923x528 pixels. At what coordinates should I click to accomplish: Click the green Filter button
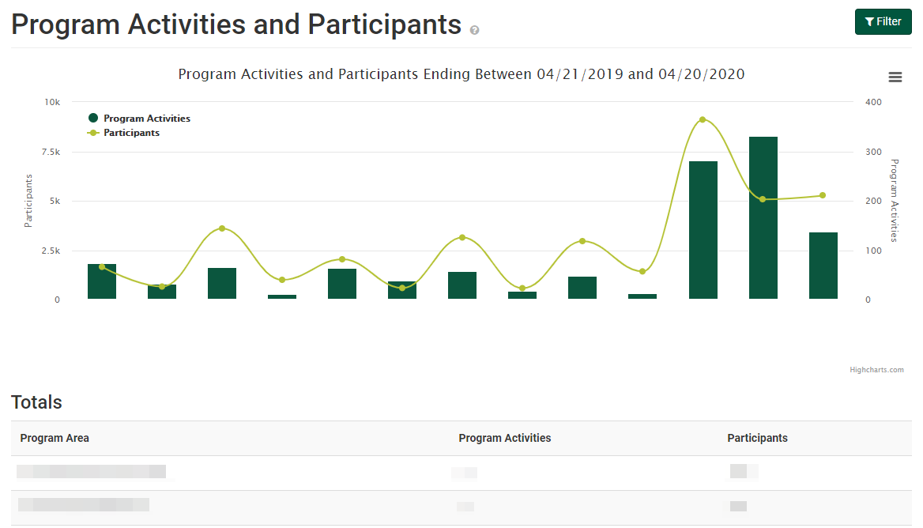883,22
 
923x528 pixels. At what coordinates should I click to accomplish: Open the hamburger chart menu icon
895,77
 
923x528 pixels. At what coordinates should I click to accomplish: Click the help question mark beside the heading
474,30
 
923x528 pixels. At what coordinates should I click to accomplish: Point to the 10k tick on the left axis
52,103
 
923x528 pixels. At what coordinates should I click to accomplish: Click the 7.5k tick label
51,152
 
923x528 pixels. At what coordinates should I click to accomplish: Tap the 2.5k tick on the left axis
51,251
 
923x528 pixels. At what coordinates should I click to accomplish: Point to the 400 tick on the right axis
873,103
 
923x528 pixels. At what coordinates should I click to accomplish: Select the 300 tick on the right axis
873,152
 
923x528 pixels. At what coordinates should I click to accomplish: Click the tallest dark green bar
763,217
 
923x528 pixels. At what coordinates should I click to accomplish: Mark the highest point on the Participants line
703,119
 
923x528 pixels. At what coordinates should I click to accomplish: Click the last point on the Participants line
823,195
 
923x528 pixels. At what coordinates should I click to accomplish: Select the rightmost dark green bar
823,266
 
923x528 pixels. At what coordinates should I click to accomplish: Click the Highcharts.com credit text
876,369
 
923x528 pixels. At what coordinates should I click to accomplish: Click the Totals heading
36,402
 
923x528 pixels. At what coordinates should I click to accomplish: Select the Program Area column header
55,438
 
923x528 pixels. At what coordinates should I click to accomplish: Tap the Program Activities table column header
504,438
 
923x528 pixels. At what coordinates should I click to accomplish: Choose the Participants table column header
757,438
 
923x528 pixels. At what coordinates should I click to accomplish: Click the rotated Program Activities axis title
895,200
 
